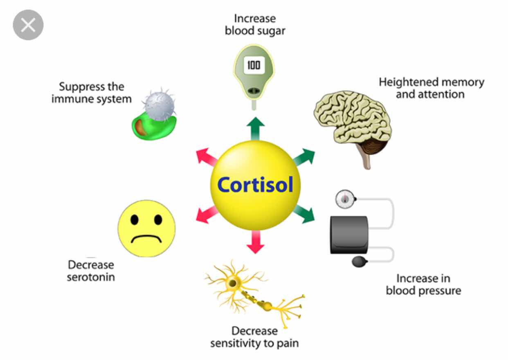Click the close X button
tap(28, 25)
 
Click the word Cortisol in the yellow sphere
tap(255, 184)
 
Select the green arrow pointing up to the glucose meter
tap(255, 127)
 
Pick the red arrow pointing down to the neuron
tap(255, 242)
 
